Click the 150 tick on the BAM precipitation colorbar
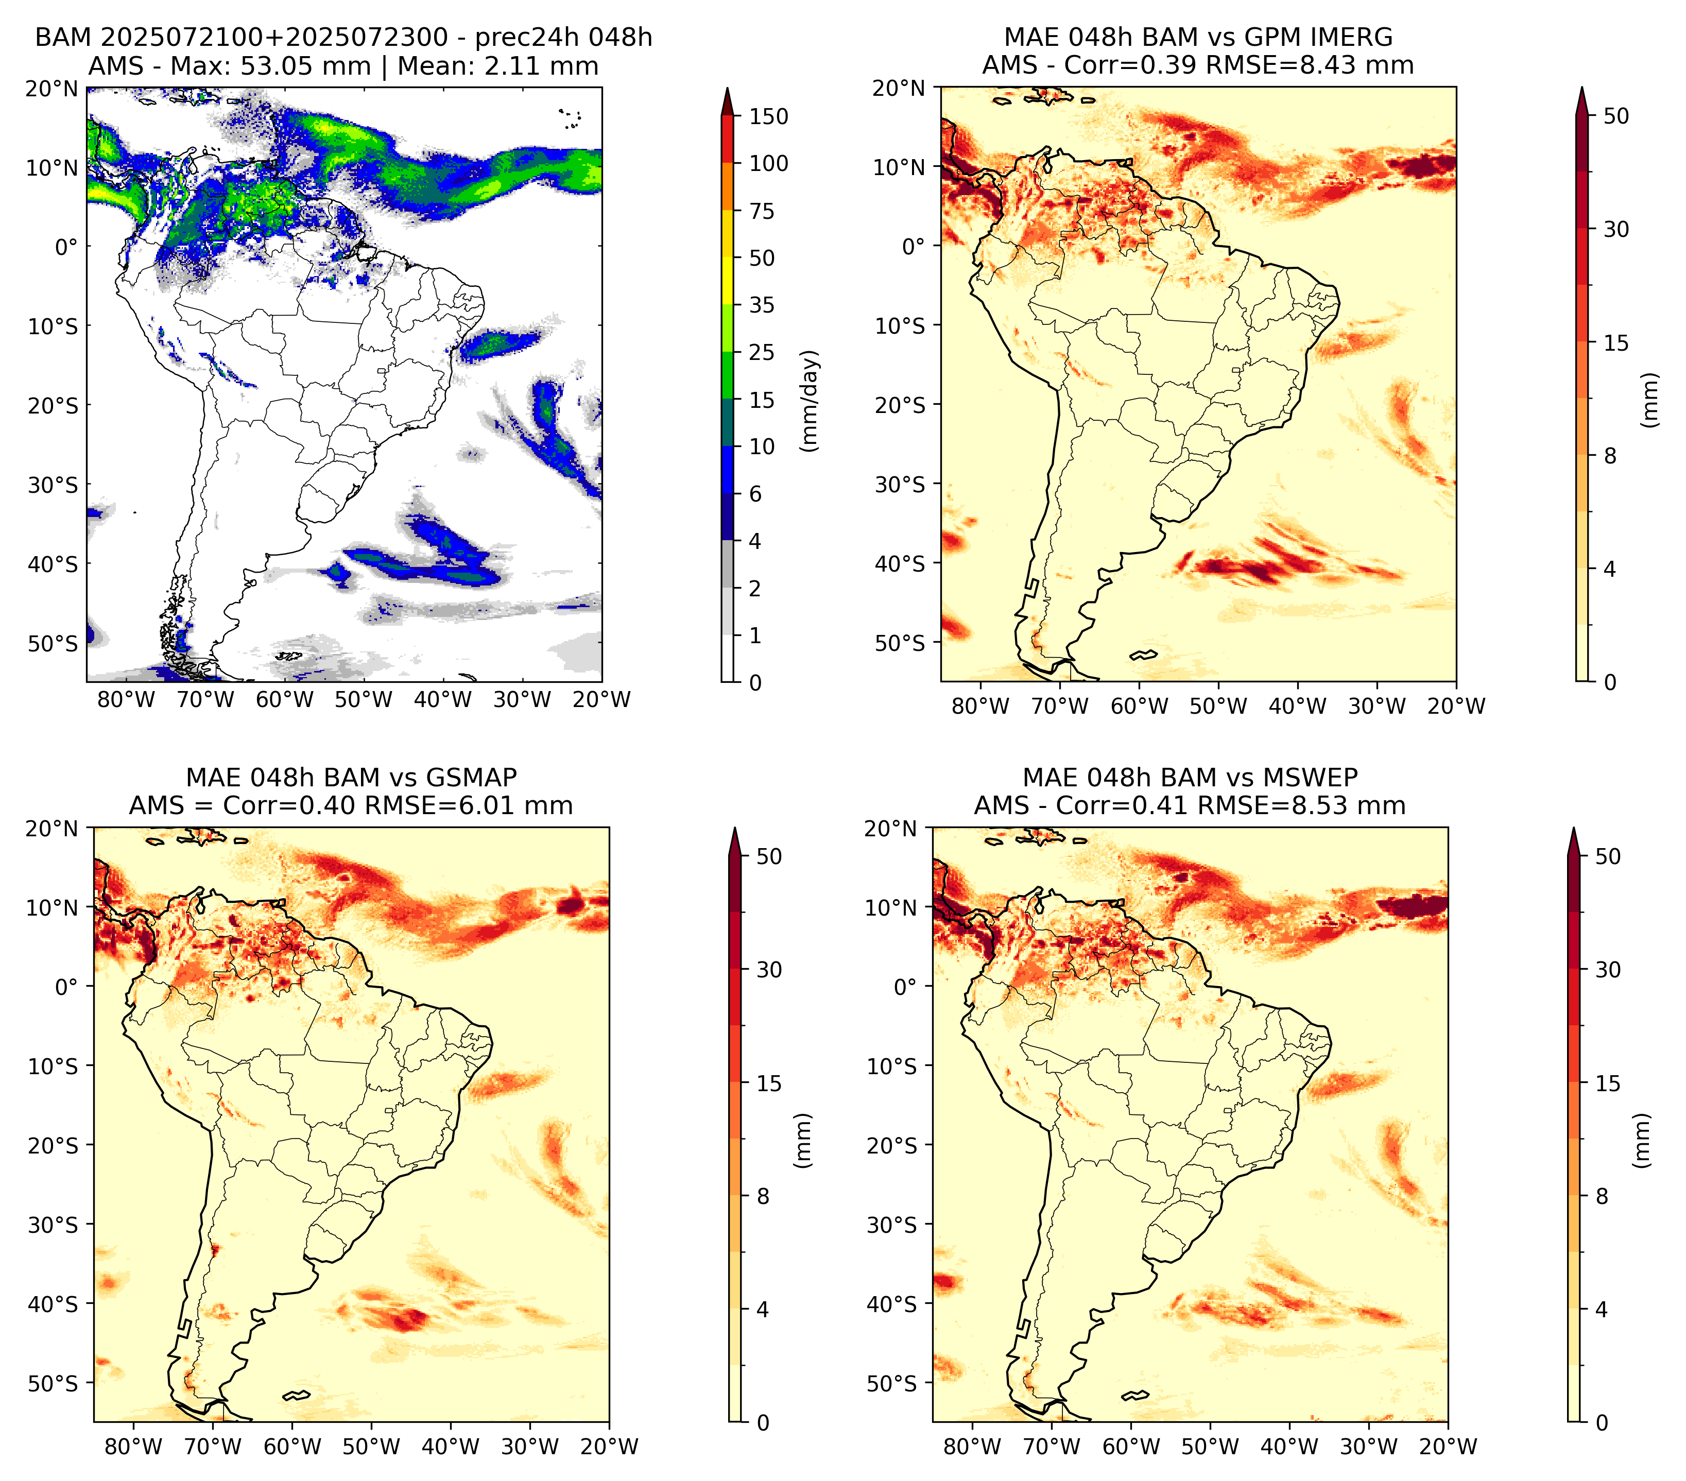tap(768, 116)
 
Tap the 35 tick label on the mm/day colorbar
tap(761, 305)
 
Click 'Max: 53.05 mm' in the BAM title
tap(270, 66)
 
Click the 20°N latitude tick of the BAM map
tap(52, 89)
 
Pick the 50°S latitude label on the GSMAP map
tap(53, 1383)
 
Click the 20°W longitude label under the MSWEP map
tap(1448, 1446)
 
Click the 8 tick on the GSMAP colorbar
tap(763, 1197)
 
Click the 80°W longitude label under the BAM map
tap(126, 700)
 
